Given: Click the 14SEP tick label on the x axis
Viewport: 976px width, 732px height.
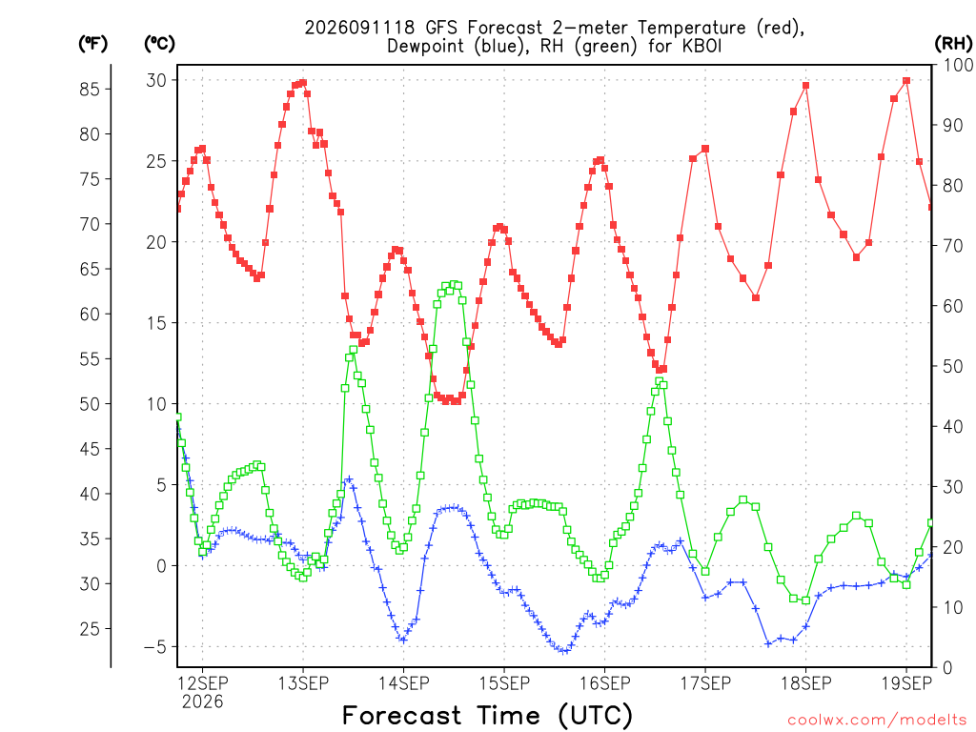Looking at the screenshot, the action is pyautogui.click(x=403, y=683).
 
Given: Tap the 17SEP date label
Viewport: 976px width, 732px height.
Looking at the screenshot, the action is pyautogui.click(x=705, y=683).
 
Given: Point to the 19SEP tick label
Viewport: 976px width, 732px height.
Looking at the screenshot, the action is pyautogui.click(x=906, y=683).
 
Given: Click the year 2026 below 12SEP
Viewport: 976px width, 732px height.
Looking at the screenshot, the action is pyautogui.click(x=202, y=702).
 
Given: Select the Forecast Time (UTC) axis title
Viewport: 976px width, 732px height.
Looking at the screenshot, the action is pyautogui.click(x=487, y=715).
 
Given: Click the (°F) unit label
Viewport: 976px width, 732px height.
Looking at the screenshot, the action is pyautogui.click(x=93, y=44).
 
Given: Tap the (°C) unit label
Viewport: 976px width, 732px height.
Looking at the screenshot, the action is pyautogui.click(x=159, y=44).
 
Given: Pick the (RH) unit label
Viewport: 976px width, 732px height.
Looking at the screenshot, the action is pyautogui.click(x=953, y=44).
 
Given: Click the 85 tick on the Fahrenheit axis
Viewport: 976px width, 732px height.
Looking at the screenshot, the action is pyautogui.click(x=90, y=89).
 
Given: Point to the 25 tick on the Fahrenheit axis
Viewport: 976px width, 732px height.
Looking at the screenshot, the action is pyautogui.click(x=90, y=629).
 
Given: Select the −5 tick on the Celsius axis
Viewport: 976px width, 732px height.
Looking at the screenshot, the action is pyautogui.click(x=155, y=647).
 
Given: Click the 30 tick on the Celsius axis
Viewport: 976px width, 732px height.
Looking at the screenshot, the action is pyautogui.click(x=156, y=80).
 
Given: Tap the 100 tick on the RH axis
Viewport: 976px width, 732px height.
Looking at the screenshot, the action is pyautogui.click(x=958, y=65).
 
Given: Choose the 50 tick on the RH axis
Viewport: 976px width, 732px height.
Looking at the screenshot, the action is pyautogui.click(x=953, y=366).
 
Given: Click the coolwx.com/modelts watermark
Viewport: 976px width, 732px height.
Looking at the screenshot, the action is pyautogui.click(x=877, y=721).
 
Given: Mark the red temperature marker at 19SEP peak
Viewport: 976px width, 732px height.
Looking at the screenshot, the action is pyautogui.click(x=906, y=81).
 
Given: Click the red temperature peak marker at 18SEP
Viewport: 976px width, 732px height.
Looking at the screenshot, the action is pyautogui.click(x=806, y=86).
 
